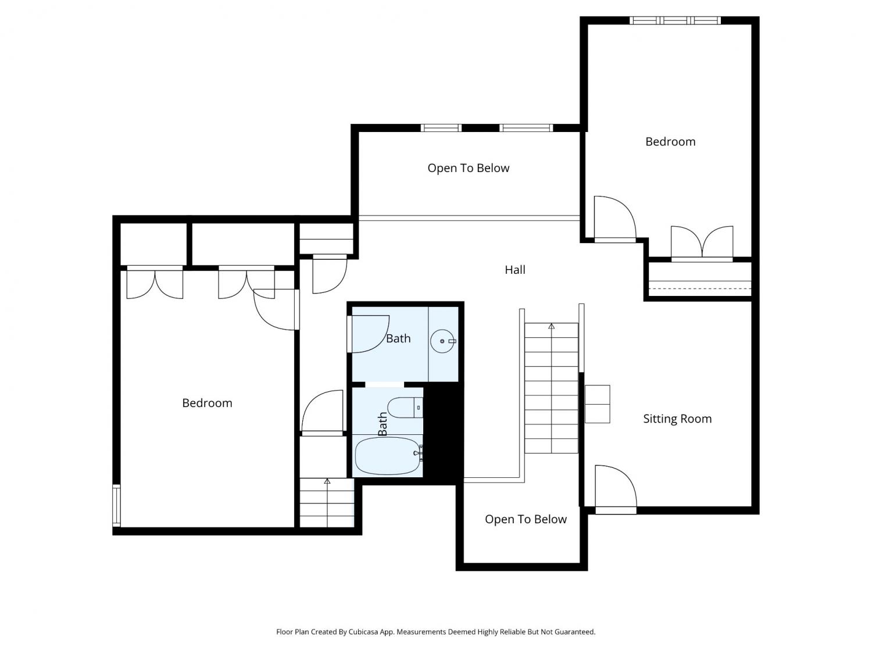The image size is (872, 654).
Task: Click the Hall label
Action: pos(515,270)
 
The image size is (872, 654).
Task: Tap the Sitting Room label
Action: pos(677,419)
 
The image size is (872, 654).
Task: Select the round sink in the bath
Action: pos(442,341)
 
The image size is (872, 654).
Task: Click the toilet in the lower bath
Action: pos(405,408)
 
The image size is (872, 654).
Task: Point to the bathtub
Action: pos(388,456)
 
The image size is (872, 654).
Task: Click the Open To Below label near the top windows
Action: pos(469,169)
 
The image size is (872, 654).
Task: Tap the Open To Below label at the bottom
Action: pos(526,519)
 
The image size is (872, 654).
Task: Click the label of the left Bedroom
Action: pos(207,403)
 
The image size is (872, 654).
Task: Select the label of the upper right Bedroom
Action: pos(670,142)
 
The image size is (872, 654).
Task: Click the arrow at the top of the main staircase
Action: pos(552,326)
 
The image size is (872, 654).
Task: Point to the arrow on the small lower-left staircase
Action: pos(327,481)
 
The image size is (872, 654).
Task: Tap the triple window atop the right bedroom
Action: pos(675,20)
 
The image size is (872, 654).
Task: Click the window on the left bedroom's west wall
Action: pos(116,505)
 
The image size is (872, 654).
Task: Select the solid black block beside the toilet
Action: pos(443,434)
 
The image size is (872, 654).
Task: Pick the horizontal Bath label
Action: pos(398,339)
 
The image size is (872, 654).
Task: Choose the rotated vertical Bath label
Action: pos(382,424)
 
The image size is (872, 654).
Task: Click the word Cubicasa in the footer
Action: pos(363,632)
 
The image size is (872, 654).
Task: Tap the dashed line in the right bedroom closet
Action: pos(699,288)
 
